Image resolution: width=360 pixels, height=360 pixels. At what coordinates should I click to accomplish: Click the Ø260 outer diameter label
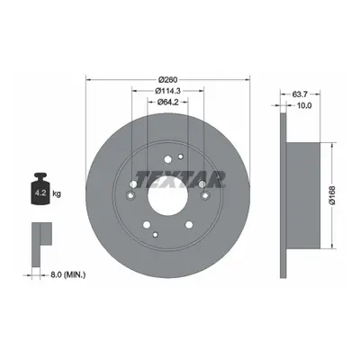click(168, 80)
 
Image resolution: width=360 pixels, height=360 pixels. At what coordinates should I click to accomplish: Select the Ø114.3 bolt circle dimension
click(168, 91)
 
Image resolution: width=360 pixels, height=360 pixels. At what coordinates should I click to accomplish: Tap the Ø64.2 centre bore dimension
click(168, 102)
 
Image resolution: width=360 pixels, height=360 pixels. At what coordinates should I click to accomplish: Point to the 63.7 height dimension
click(300, 94)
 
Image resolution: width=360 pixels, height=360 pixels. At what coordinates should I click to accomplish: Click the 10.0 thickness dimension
click(303, 105)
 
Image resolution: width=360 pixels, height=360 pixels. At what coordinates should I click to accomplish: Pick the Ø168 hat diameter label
click(332, 195)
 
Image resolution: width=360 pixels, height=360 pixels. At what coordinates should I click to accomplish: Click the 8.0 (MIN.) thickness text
click(64, 274)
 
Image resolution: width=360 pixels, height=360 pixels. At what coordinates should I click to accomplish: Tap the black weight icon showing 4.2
click(40, 189)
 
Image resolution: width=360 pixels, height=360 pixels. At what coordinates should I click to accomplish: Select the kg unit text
click(57, 193)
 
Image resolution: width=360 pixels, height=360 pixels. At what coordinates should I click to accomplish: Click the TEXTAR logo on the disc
click(180, 179)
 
